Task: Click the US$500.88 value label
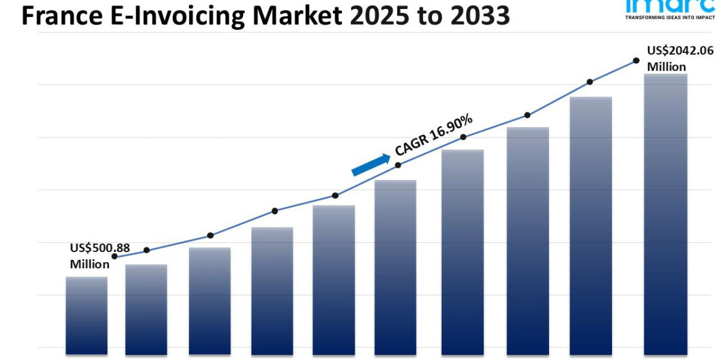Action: click(x=100, y=248)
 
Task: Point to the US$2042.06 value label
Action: click(x=680, y=51)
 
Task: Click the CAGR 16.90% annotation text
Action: click(x=433, y=134)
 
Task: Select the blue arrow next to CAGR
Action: click(x=370, y=165)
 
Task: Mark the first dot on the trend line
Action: click(x=115, y=256)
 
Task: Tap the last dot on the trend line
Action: click(x=636, y=61)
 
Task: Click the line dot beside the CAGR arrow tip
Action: click(x=398, y=164)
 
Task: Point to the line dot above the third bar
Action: click(x=210, y=235)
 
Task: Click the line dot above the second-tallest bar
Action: click(x=590, y=82)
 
